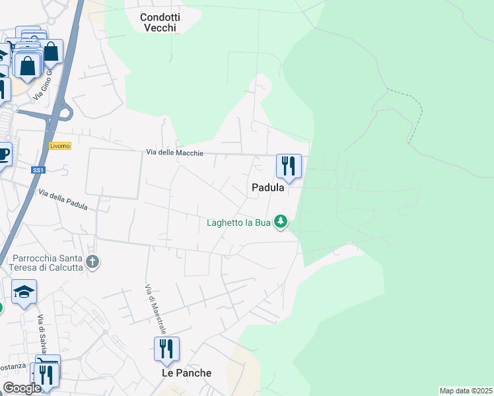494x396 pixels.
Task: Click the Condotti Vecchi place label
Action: (x=162, y=22)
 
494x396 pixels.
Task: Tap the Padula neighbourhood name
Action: (x=267, y=187)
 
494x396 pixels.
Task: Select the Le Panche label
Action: (x=187, y=373)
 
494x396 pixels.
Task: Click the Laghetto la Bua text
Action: (x=238, y=222)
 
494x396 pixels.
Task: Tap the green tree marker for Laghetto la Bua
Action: (x=281, y=222)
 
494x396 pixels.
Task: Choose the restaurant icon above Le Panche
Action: (x=166, y=348)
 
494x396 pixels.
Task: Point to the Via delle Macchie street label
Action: (x=175, y=153)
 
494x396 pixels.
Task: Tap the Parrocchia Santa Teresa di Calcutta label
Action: (x=46, y=263)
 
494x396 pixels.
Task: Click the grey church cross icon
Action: (x=93, y=263)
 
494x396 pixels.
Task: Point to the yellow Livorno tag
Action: (x=59, y=146)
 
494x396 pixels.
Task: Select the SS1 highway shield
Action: (x=38, y=170)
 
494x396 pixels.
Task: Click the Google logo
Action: (x=22, y=388)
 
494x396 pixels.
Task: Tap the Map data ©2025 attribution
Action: (x=466, y=391)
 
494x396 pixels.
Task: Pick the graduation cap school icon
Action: (x=24, y=292)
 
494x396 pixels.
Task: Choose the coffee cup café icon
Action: (x=4, y=154)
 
